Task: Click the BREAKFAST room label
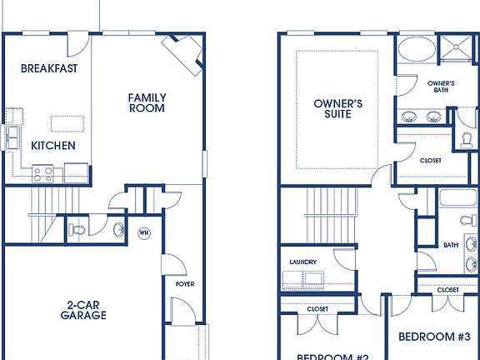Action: click(49, 68)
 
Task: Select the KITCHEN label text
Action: click(53, 146)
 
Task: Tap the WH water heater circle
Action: click(143, 232)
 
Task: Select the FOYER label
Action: click(184, 284)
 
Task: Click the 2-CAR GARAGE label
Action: click(82, 309)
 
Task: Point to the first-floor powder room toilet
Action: click(78, 228)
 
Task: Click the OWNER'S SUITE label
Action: click(337, 108)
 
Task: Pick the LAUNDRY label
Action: click(302, 262)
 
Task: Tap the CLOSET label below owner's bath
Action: click(431, 160)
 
